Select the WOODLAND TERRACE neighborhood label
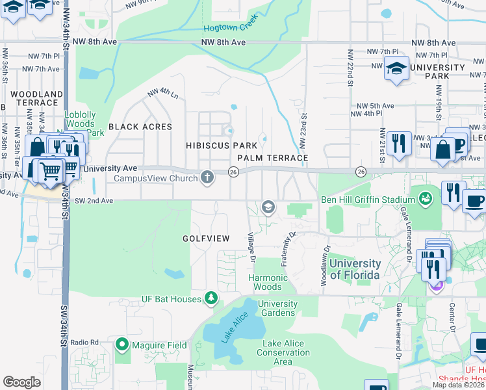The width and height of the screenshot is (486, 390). point(34,98)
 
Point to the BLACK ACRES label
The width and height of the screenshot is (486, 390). point(140,127)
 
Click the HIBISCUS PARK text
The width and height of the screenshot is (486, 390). point(221,145)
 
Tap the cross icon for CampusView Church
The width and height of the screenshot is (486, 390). point(207,177)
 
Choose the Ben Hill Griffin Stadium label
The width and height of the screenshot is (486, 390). point(367,200)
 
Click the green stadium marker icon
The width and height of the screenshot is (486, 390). point(426,197)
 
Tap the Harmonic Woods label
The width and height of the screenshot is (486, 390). point(277,282)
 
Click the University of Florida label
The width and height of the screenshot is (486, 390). point(355,268)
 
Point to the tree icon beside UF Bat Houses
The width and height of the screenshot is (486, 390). point(211,298)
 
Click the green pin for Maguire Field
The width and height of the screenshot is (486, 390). point(122,344)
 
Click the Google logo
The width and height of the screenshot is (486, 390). point(22,382)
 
